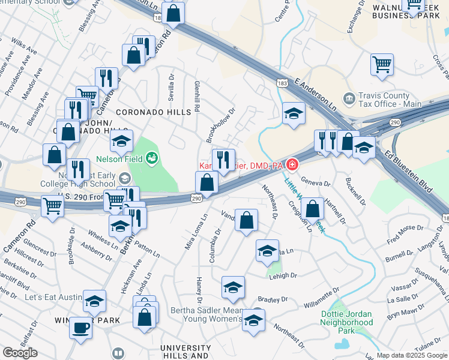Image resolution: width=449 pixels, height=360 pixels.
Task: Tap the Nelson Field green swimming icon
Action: click(x=152, y=158)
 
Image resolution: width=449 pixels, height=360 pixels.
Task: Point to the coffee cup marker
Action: click(x=80, y=328)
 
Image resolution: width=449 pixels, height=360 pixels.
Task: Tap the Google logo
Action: click(x=20, y=353)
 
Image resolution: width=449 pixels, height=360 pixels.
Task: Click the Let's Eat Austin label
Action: click(x=52, y=297)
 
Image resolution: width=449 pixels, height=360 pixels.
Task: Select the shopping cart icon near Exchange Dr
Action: click(x=382, y=64)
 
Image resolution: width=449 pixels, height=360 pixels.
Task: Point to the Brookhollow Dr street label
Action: click(x=220, y=125)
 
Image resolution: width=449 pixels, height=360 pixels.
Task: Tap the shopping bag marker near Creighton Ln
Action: click(x=313, y=209)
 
